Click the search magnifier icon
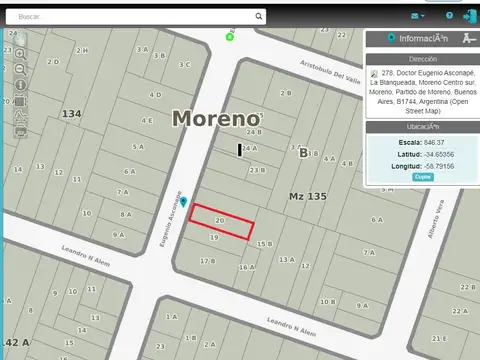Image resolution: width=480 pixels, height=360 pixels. (x=260, y=16)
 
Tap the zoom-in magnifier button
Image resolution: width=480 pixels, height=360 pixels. (x=20, y=53)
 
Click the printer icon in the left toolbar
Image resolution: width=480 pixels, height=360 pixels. (x=20, y=130)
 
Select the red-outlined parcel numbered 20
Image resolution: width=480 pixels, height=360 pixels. (x=221, y=221)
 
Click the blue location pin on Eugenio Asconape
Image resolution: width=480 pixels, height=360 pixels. (x=183, y=202)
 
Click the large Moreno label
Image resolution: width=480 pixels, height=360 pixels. (x=215, y=118)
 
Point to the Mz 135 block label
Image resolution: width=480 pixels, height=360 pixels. (x=308, y=196)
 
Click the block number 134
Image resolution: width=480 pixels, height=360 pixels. (x=71, y=114)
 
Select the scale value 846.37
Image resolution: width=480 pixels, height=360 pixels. (x=433, y=142)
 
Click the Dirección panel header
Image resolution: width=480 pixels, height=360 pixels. (x=421, y=59)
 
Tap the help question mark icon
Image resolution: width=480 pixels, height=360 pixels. (x=449, y=16)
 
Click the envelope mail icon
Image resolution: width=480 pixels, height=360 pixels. (x=415, y=16)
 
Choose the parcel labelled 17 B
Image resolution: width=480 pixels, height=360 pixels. (x=207, y=260)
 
